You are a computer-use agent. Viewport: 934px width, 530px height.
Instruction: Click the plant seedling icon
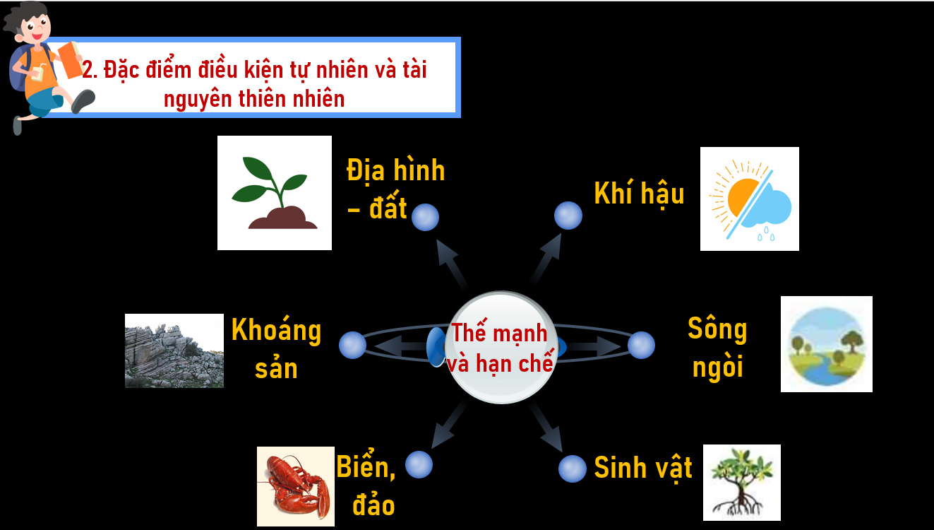[x=275, y=193]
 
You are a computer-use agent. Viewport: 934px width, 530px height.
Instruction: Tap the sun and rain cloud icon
[x=749, y=199]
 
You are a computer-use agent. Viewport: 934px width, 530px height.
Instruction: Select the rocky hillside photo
[x=174, y=351]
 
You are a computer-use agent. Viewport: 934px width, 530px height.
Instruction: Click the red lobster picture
[x=296, y=486]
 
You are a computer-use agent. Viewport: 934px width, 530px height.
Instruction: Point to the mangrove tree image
[x=742, y=483]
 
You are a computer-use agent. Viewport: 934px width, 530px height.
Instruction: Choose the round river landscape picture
[x=827, y=344]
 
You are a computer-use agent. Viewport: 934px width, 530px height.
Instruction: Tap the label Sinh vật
[x=643, y=469]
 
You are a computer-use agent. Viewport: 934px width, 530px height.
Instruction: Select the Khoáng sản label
[x=276, y=348]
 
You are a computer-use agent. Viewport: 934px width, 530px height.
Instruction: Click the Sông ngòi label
[x=717, y=348]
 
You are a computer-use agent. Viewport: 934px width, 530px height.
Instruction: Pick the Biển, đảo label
[x=366, y=484]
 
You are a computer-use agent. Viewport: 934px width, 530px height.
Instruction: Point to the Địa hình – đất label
[x=395, y=189]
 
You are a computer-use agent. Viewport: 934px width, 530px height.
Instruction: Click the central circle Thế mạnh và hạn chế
[x=501, y=347]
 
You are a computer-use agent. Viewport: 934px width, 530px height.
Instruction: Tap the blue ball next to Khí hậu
[x=568, y=216]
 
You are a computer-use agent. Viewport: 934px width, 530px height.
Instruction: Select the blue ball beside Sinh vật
[x=572, y=469]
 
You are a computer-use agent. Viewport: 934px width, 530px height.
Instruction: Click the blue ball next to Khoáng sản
[x=352, y=345]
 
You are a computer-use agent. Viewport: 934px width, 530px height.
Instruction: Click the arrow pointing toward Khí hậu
[x=546, y=259]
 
